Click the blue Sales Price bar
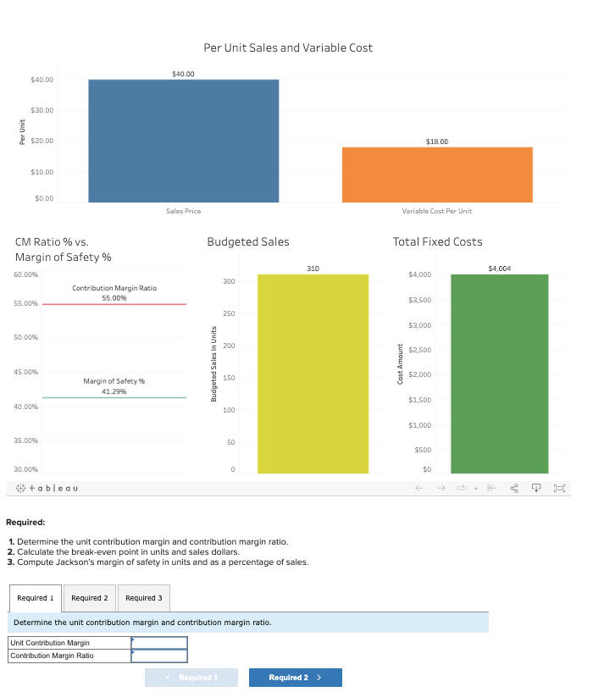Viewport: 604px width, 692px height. (183, 141)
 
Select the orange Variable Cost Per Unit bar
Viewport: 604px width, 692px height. (437, 174)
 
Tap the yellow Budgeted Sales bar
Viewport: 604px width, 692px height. (313, 374)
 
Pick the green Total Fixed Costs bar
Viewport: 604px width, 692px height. (499, 374)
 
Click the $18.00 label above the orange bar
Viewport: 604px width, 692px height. (437, 141)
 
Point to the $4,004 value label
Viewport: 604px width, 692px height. (500, 268)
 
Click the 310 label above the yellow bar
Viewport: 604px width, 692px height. (313, 268)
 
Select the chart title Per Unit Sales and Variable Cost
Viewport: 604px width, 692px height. (288, 47)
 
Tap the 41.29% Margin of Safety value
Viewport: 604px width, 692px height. (114, 391)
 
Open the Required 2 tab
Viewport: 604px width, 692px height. (89, 598)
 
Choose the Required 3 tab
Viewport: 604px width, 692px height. (143, 598)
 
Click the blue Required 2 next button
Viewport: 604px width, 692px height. (295, 678)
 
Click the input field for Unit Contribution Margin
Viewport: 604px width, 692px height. (158, 643)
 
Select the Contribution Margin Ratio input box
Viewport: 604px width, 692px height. (158, 656)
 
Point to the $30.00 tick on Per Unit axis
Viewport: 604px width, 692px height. (42, 111)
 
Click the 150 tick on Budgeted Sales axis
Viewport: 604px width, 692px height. (228, 378)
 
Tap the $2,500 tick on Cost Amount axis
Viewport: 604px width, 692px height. (419, 350)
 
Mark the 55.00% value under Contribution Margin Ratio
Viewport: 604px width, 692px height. (114, 298)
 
